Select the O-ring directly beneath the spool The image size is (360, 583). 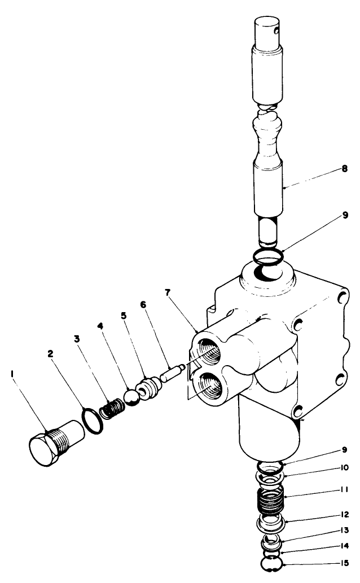[x=267, y=257]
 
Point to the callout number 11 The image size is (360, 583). [x=344, y=490]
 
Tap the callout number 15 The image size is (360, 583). [x=344, y=563]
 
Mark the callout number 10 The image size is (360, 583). [x=344, y=467]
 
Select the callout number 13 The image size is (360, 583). [x=344, y=531]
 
